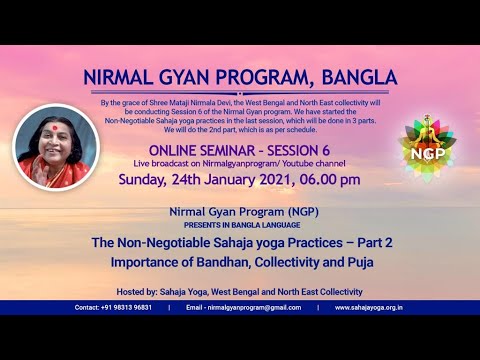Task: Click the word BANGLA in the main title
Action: [359, 77]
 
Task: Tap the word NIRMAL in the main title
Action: [118, 77]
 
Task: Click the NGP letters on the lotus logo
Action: [428, 154]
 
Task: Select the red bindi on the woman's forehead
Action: [54, 128]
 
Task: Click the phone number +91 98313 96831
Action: [126, 308]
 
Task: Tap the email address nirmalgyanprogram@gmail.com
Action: [254, 308]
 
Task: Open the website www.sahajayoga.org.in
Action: [369, 308]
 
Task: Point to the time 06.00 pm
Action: [330, 180]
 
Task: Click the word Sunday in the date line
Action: [142, 180]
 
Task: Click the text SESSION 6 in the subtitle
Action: [299, 151]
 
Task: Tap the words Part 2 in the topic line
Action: [375, 242]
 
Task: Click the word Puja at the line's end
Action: [361, 262]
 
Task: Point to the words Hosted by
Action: [136, 292]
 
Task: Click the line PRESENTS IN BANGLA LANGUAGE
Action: [242, 225]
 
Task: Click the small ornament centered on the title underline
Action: [240, 93]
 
